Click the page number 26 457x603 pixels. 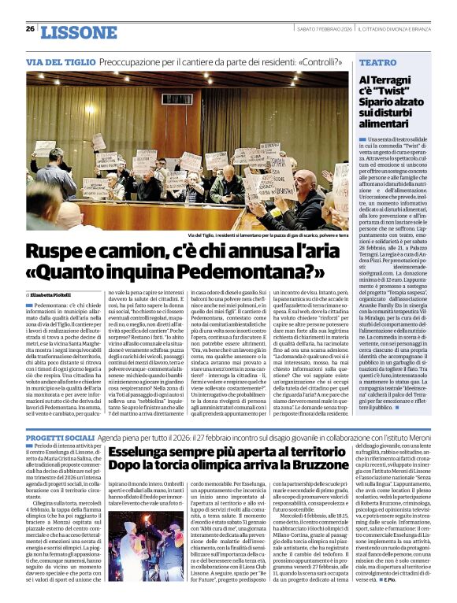click(31, 28)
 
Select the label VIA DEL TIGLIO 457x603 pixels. click(59, 61)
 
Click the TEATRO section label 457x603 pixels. click(377, 61)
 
